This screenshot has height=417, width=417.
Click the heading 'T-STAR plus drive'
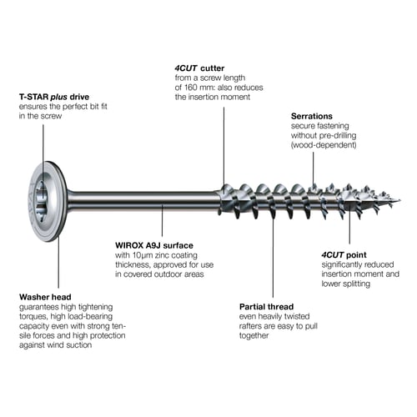(54, 97)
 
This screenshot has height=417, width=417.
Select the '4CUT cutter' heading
(199, 68)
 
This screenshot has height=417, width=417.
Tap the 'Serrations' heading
(312, 116)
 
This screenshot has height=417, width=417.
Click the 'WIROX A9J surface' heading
(154, 245)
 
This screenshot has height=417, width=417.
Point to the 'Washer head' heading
(45, 297)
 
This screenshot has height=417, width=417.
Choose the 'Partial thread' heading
(266, 307)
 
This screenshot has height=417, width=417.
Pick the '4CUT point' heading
(344, 255)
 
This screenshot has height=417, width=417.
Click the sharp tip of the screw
(400, 200)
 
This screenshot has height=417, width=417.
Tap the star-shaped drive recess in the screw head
(41, 201)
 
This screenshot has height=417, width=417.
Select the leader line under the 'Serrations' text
(314, 168)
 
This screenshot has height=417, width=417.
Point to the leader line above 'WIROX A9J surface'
(162, 220)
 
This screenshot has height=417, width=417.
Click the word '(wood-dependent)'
(324, 145)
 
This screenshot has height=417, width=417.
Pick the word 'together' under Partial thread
(254, 335)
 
